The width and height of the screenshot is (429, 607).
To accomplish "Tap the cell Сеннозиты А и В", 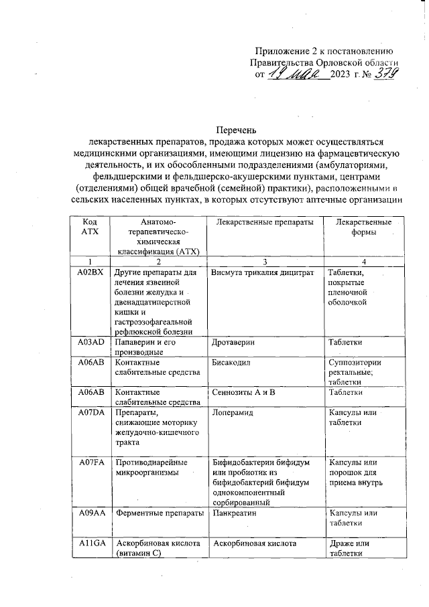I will point(243,392).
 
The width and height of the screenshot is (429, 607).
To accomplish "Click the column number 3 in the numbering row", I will point(265,260).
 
